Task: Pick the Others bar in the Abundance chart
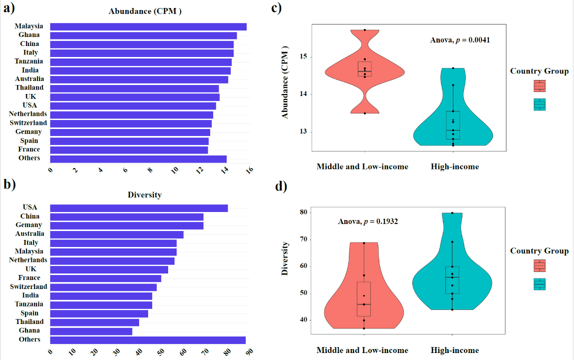click(138, 159)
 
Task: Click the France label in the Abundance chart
click(29, 149)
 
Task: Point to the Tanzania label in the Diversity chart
click(29, 304)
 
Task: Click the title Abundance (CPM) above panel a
click(145, 11)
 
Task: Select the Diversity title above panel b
click(145, 195)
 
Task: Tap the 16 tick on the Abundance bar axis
click(249, 170)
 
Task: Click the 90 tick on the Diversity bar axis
click(245, 353)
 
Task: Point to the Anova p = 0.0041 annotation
click(460, 40)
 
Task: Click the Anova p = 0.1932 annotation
click(368, 221)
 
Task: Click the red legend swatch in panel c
click(539, 86)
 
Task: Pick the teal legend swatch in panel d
click(539, 284)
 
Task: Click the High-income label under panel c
click(455, 166)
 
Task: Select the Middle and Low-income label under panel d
click(362, 350)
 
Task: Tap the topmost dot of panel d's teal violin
click(452, 213)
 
